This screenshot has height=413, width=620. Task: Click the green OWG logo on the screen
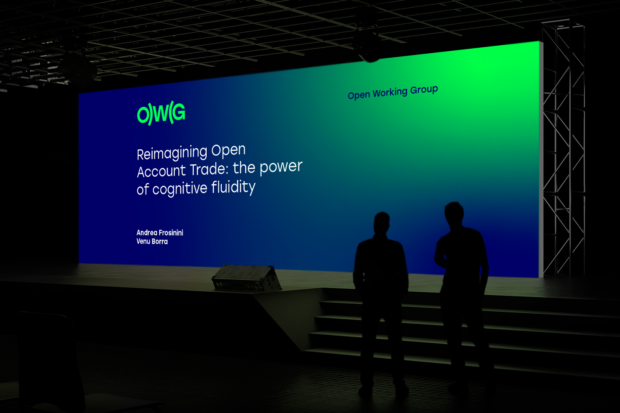161,113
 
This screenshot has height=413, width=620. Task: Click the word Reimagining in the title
172,153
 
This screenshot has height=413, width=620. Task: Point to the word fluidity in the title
233,187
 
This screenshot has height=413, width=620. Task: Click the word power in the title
281,167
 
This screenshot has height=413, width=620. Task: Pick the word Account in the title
161,171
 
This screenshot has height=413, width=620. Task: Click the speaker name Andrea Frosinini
160,233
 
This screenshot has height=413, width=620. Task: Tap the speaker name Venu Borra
152,241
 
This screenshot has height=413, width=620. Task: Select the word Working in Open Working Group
390,92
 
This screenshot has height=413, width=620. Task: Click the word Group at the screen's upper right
424,90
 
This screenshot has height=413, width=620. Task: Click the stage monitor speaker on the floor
246,278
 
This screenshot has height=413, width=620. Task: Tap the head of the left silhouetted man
381,223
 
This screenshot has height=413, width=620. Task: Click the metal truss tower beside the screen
563,149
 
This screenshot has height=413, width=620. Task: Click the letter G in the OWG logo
179,112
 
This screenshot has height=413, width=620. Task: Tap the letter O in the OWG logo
143,114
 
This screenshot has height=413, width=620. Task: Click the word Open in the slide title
228,151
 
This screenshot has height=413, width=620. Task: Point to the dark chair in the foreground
50,362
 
